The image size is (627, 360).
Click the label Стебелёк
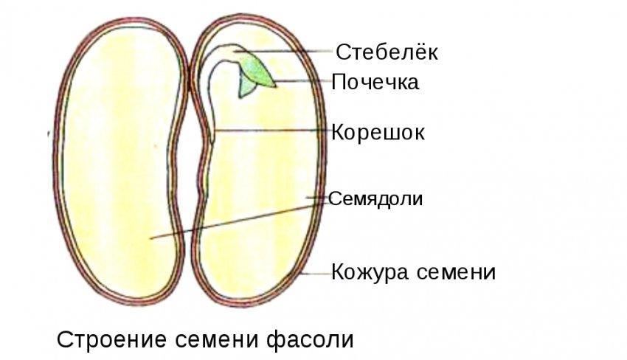click(x=387, y=52)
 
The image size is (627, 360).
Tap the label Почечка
click(x=375, y=82)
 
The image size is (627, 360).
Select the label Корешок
click(x=378, y=133)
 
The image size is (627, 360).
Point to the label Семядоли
click(x=375, y=198)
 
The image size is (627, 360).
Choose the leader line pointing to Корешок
click(x=273, y=131)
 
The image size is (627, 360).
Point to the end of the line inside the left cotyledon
click(x=150, y=238)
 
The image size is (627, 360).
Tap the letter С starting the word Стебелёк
click(x=342, y=52)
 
